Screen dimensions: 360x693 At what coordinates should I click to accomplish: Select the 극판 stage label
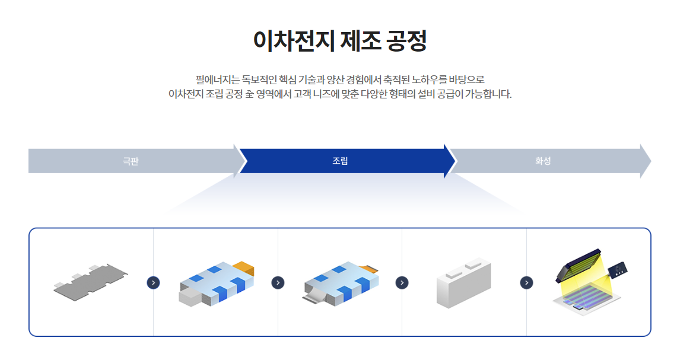tap(131, 161)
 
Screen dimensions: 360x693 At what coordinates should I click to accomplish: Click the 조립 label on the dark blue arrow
tap(340, 161)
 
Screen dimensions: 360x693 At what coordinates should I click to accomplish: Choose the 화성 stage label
tap(543, 161)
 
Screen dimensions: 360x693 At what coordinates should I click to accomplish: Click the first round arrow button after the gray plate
tap(153, 282)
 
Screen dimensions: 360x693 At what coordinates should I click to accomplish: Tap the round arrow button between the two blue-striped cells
tap(278, 282)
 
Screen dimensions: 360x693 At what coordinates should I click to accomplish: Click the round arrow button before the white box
tap(402, 282)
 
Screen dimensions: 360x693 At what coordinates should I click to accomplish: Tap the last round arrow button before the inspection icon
tap(526, 282)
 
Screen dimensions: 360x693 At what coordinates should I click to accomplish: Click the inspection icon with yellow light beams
tap(587, 285)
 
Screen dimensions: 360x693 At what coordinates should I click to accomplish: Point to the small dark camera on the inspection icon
tap(617, 270)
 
